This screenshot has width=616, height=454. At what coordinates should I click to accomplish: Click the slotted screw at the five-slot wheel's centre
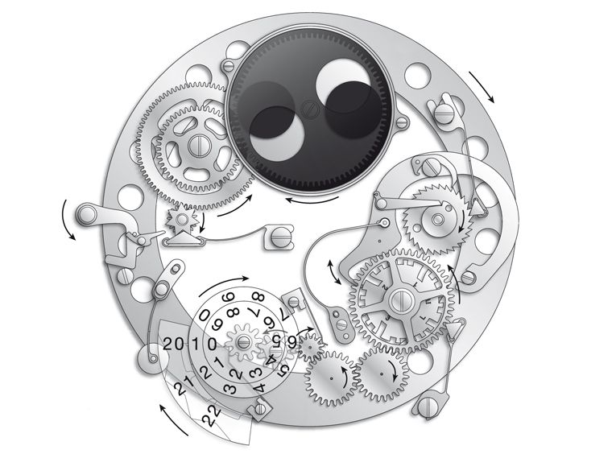coord(197,145)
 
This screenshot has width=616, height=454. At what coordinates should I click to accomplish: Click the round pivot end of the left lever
coord(83,215)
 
